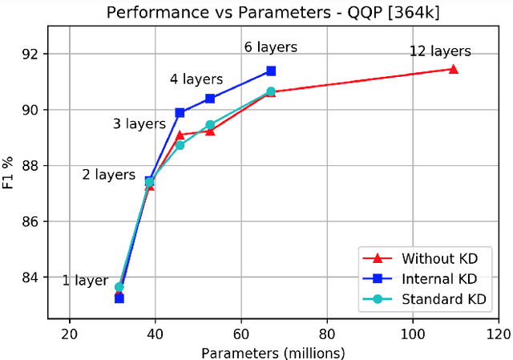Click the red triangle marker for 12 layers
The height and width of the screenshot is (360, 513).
click(x=454, y=69)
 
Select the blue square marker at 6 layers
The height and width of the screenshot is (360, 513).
click(x=271, y=71)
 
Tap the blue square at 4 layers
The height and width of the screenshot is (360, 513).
click(x=210, y=99)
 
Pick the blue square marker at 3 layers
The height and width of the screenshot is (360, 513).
click(x=180, y=112)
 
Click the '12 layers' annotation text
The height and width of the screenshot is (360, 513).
click(x=440, y=51)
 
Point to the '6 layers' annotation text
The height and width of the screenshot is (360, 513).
click(x=271, y=47)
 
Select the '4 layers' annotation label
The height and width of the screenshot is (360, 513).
click(x=196, y=79)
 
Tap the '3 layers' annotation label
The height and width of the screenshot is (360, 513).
click(x=139, y=124)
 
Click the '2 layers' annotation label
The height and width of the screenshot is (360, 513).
click(x=108, y=174)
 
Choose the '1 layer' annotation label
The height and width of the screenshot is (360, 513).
click(x=85, y=281)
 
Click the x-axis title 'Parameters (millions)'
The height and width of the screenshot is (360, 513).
click(x=273, y=352)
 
